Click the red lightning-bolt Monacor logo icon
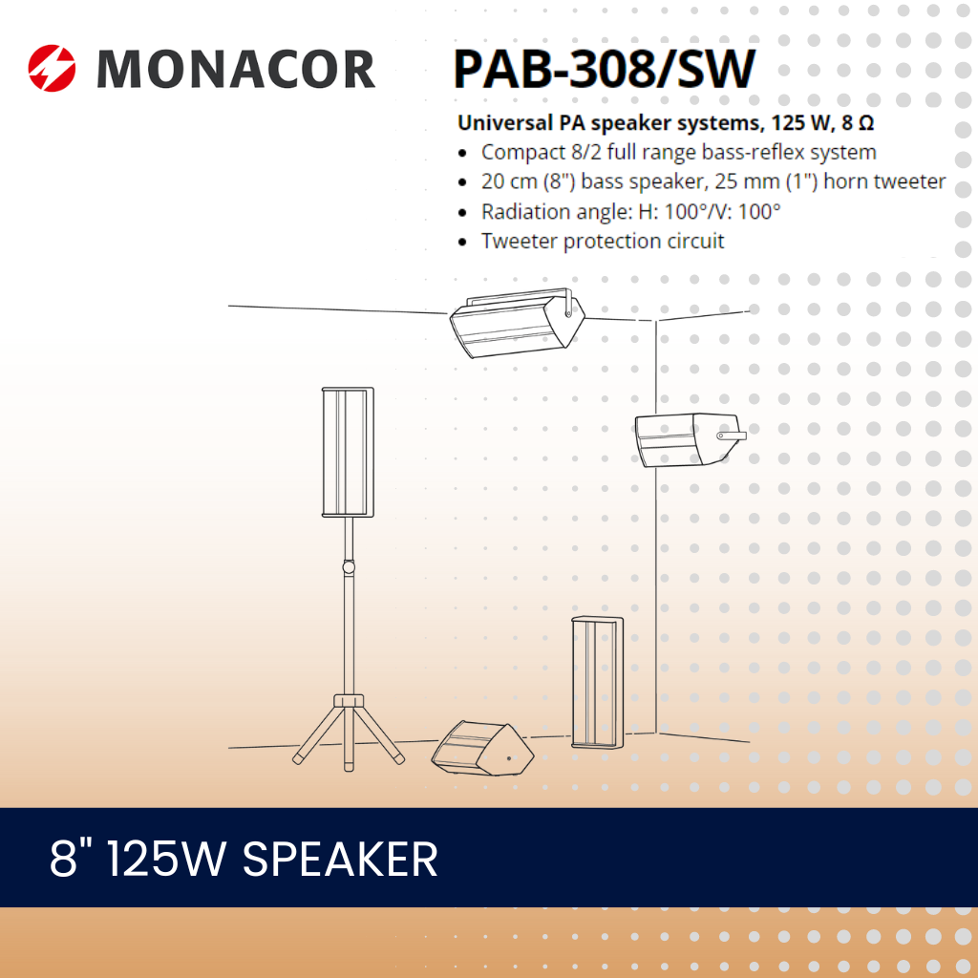[x=52, y=68]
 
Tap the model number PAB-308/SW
[x=604, y=68]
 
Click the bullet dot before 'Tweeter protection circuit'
[x=463, y=242]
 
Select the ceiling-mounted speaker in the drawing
[x=517, y=322]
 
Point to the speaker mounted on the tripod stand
[x=348, y=451]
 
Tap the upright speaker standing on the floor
[x=597, y=682]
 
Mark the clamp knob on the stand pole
[x=349, y=567]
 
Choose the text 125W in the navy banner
[x=167, y=859]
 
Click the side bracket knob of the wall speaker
[x=732, y=436]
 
